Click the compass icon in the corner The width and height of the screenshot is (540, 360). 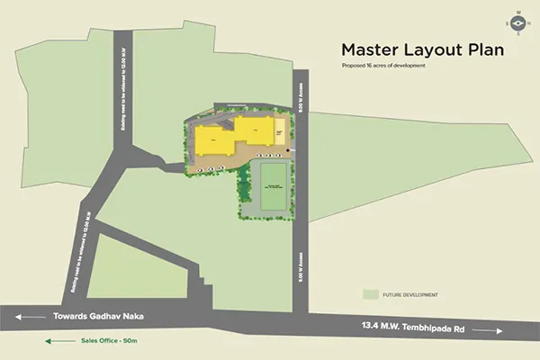[517, 23]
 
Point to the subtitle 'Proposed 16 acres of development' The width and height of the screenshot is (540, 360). [382, 67]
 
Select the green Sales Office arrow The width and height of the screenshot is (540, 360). [54, 342]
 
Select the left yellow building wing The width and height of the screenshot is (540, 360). [215, 142]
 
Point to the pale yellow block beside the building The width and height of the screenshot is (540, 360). [280, 133]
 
